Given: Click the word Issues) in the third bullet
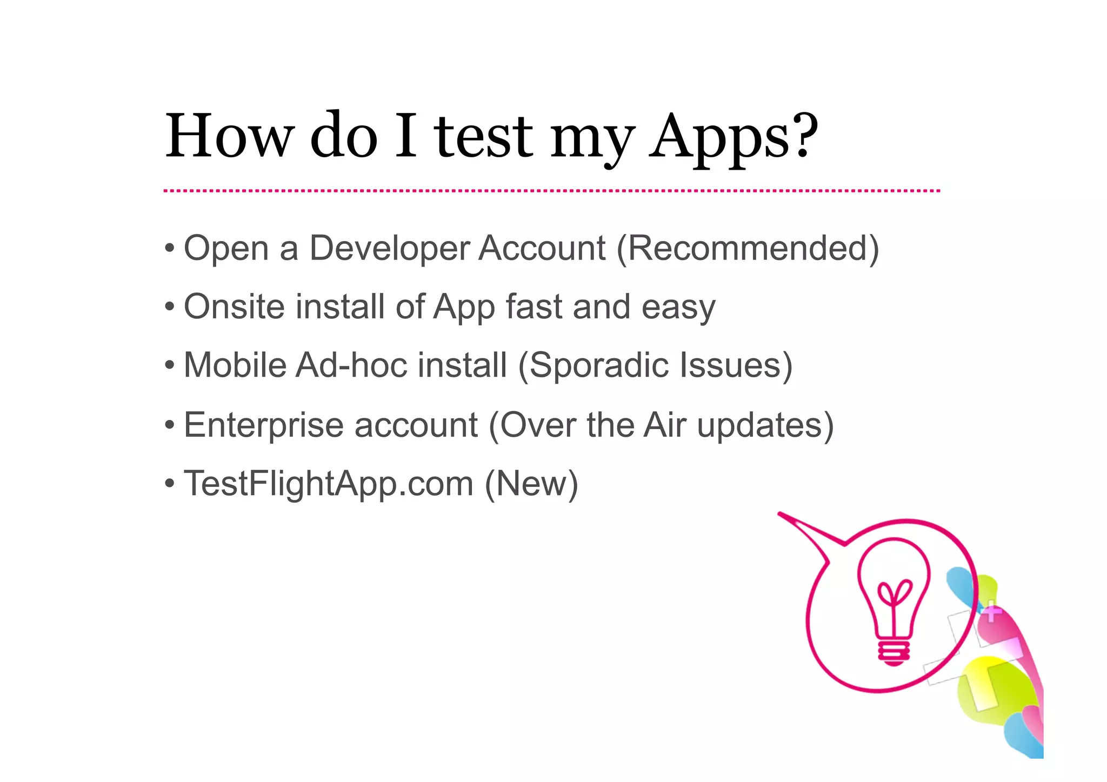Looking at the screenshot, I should click(736, 366).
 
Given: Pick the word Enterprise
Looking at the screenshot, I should click(263, 425).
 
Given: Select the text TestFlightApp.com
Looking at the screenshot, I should click(329, 484).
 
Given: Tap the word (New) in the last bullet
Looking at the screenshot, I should click(531, 484).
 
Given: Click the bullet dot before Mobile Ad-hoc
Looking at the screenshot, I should click(170, 365).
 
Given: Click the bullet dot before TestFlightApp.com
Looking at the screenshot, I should click(170, 483).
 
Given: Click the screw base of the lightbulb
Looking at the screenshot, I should click(893, 653).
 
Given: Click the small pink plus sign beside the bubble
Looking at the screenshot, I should click(991, 612).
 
